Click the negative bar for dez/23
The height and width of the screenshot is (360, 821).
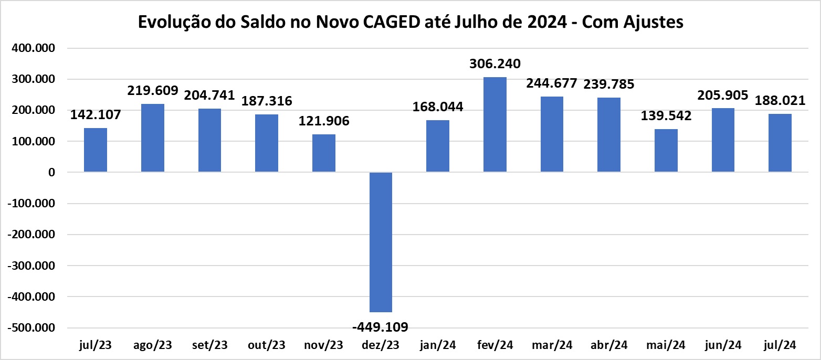(x=381, y=242)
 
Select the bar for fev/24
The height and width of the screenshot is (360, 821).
(x=494, y=124)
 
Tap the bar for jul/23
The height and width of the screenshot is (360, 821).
(x=96, y=150)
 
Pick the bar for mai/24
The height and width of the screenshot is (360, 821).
(x=666, y=151)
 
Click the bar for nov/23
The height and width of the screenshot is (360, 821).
(x=323, y=153)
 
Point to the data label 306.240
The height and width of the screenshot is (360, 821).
(x=495, y=64)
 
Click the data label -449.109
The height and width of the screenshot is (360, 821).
(x=381, y=327)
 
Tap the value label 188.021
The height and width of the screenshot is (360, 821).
(x=780, y=100)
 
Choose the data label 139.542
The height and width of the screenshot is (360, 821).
(x=666, y=116)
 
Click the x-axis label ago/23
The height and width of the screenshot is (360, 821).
(x=153, y=345)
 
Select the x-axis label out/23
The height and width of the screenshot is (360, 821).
(x=267, y=345)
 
